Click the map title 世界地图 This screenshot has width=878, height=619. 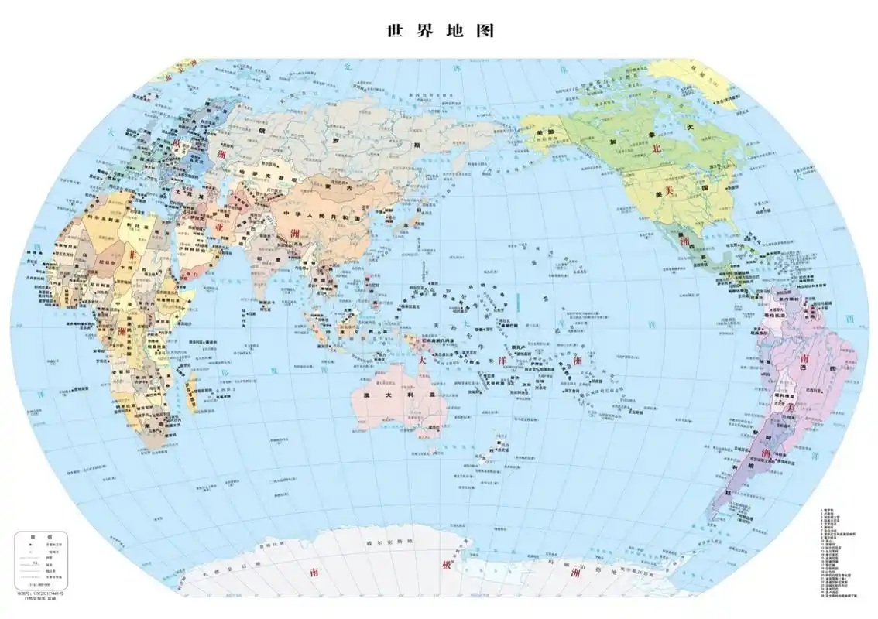coord(439,31)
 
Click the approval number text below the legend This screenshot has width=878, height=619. coord(39,592)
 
